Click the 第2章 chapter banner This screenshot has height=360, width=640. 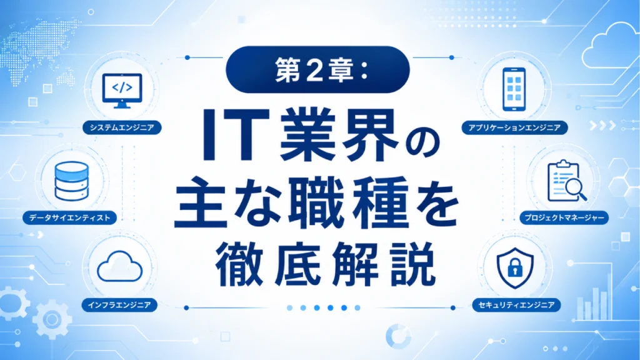(317, 69)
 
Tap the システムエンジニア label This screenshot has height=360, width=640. (122, 127)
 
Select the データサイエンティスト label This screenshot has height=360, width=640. (70, 217)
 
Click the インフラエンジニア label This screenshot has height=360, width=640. (119, 305)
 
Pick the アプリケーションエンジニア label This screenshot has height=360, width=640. (514, 127)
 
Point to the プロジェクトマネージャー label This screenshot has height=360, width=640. (564, 217)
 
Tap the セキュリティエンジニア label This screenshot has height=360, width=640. (516, 305)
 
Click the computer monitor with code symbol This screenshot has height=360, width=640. (122, 91)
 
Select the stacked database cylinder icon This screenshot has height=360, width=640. (71, 181)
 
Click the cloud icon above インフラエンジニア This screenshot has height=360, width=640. (119, 266)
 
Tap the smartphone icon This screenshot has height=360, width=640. (514, 89)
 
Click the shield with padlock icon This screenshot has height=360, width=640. (515, 267)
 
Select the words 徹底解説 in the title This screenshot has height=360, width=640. (325, 264)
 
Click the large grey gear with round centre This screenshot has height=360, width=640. (52, 319)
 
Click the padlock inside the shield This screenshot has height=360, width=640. (515, 267)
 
